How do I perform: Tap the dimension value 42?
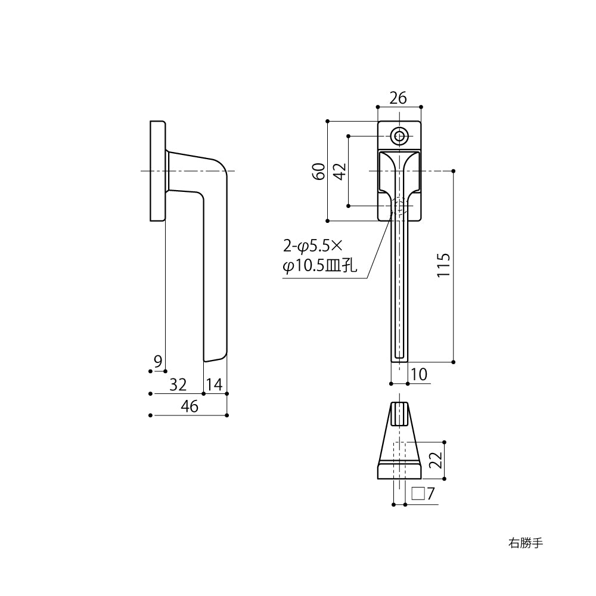point(339,172)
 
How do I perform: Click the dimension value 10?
point(420,374)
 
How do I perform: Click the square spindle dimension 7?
point(424,493)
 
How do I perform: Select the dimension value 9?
point(157,361)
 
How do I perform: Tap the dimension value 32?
point(178,384)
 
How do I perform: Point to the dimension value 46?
point(189,406)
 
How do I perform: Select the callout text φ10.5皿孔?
point(319,266)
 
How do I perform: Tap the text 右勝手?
point(525,543)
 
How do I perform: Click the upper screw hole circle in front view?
point(399,136)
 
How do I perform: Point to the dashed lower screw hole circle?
point(399,206)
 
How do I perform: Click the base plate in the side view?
point(157,171)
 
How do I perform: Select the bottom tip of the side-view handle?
point(215,357)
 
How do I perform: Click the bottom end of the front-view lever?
point(399,358)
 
